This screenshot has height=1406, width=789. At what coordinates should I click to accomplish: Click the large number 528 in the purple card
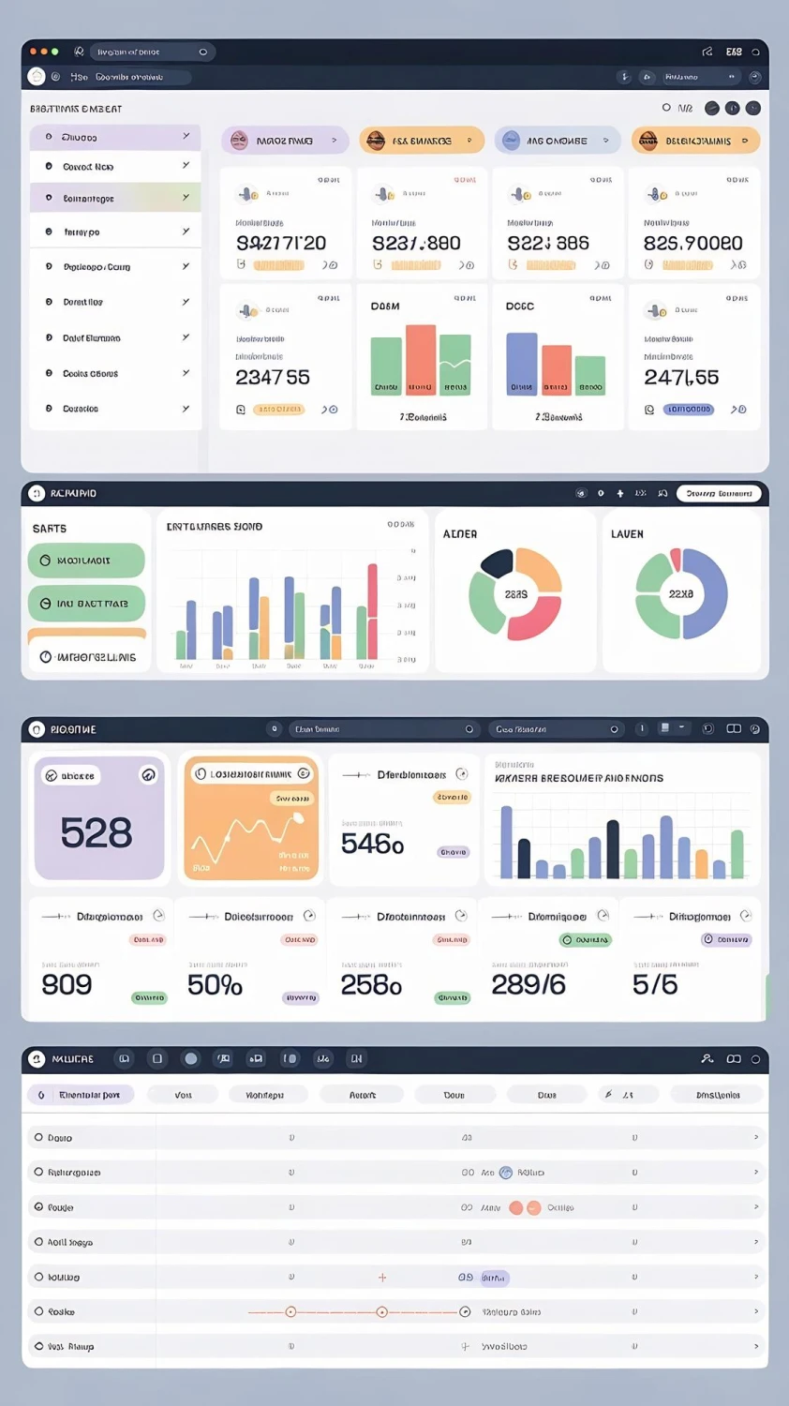(x=97, y=832)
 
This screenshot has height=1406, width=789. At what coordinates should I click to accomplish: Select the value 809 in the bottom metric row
(x=67, y=984)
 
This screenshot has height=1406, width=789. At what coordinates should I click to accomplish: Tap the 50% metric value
(x=215, y=985)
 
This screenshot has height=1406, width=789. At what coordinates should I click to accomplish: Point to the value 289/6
(x=528, y=984)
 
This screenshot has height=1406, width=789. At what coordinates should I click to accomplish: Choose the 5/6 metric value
(x=655, y=984)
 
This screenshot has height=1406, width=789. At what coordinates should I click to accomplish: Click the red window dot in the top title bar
(x=33, y=52)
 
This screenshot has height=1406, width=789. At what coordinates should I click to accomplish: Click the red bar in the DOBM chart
(x=421, y=359)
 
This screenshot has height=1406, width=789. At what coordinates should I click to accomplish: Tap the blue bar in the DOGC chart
(x=522, y=364)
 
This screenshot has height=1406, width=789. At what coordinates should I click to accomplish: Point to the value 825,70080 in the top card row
(x=692, y=244)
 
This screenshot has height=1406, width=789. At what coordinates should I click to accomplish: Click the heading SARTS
(x=50, y=529)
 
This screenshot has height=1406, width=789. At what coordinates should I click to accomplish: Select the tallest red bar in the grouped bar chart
(x=372, y=611)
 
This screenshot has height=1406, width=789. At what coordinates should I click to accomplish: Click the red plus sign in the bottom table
(x=382, y=1278)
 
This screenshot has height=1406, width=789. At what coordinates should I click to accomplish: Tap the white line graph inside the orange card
(x=246, y=833)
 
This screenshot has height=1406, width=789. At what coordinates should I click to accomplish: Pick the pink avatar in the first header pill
(x=239, y=141)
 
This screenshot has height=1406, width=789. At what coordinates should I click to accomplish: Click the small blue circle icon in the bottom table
(x=506, y=1173)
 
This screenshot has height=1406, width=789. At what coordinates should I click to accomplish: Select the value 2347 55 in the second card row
(x=272, y=378)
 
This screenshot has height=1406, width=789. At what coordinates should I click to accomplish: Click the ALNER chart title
(x=460, y=534)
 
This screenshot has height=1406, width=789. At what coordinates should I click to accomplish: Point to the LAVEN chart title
(x=627, y=534)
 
